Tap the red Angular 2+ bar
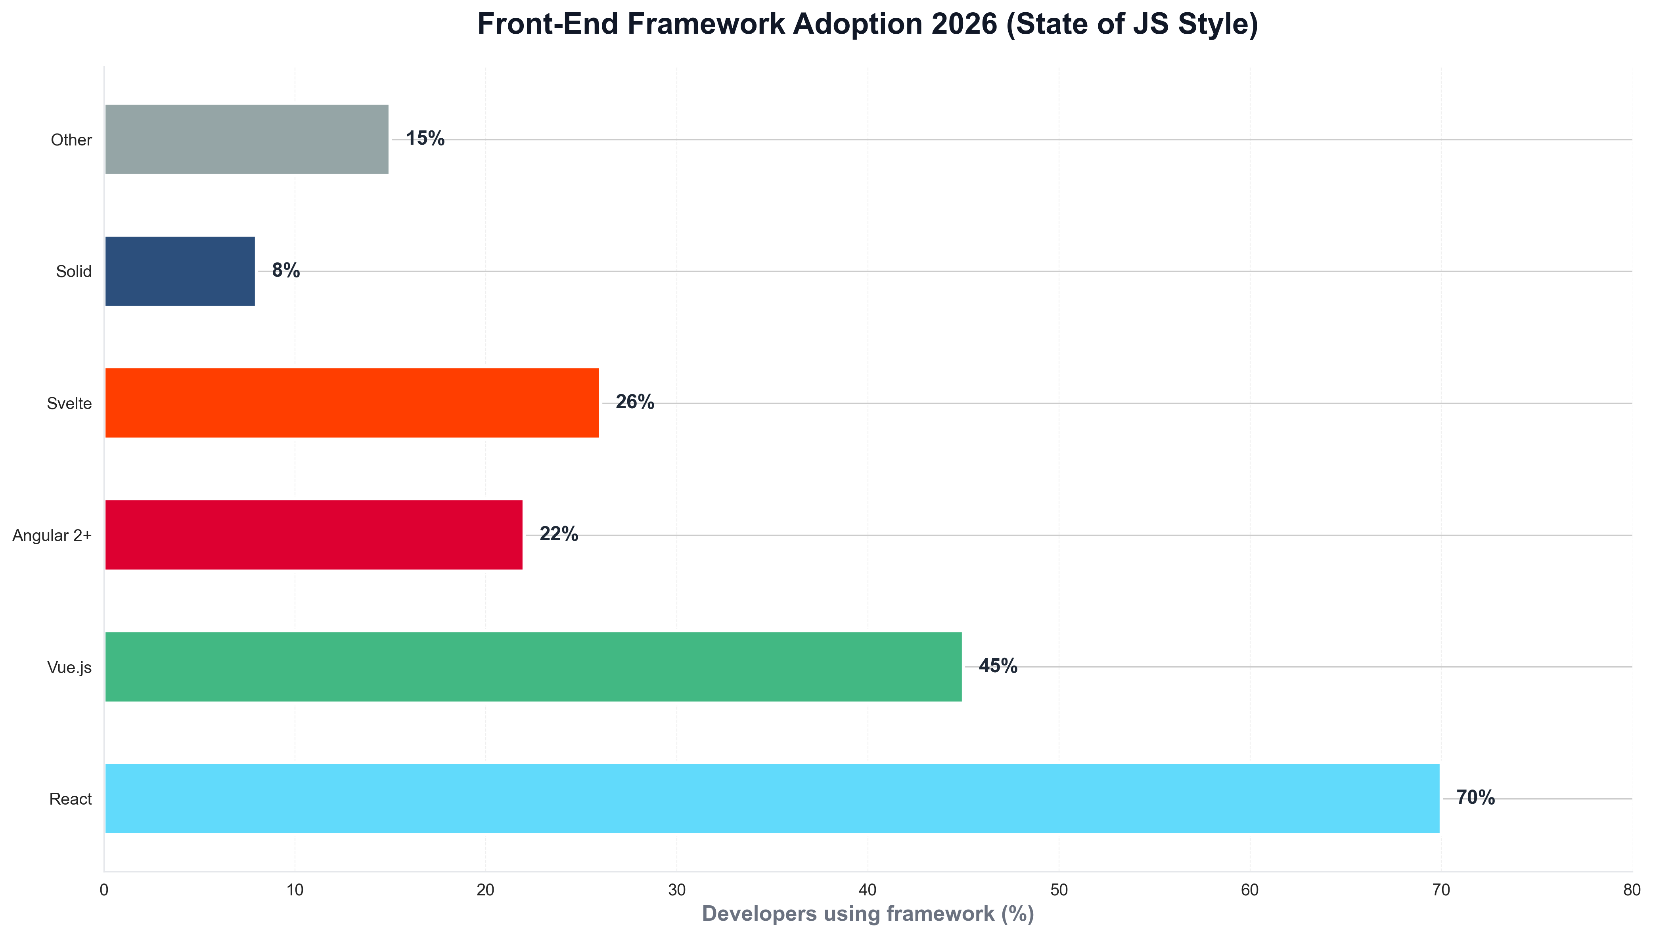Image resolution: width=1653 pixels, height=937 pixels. click(314, 534)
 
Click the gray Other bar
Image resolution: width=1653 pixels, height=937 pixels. click(247, 139)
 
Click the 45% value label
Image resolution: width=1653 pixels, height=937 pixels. click(998, 665)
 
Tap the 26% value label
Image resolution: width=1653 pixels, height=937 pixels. click(635, 402)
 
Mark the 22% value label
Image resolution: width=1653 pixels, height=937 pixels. click(558, 534)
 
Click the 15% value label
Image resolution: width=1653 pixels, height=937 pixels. click(425, 138)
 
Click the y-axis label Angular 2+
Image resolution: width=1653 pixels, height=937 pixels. click(52, 535)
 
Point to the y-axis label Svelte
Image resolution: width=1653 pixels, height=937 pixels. click(69, 403)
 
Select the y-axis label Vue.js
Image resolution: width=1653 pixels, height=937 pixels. click(69, 667)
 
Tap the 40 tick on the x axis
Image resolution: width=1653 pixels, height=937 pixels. click(868, 890)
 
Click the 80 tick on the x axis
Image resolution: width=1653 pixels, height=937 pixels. click(1632, 890)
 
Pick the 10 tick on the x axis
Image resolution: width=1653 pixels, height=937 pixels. click(295, 890)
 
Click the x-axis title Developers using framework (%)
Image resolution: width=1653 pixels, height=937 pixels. click(868, 914)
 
